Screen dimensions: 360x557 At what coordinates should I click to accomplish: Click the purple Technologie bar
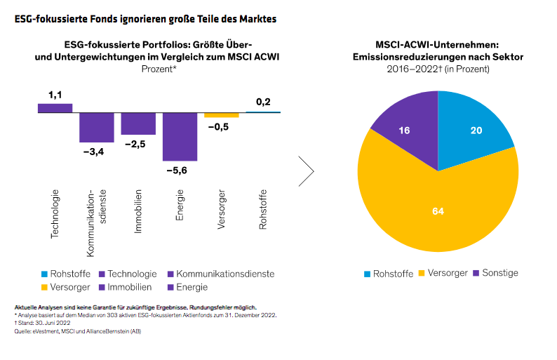[55, 108]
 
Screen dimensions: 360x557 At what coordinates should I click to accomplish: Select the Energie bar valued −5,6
[180, 136]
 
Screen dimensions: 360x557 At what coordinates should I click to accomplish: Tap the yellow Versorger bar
[222, 115]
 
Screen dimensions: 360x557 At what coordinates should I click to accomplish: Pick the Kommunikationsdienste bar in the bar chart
[96, 127]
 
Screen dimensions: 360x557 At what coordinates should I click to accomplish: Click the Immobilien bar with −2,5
[138, 124]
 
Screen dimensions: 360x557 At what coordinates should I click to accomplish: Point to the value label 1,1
[55, 94]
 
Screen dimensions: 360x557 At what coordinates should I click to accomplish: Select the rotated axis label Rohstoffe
[263, 210]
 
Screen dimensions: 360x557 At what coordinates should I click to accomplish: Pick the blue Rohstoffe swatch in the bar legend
[45, 274]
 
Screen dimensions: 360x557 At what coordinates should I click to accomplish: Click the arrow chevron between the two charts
[306, 171]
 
